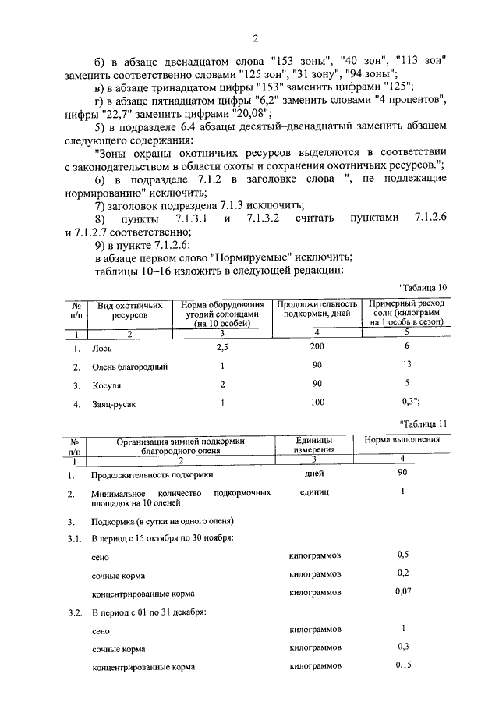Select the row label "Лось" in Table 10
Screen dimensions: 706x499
coord(101,348)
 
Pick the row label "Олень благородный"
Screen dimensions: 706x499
coord(129,367)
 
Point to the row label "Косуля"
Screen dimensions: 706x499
coord(106,385)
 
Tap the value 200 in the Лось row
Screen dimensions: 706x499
coord(316,346)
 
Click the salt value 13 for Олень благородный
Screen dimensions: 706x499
coord(405,364)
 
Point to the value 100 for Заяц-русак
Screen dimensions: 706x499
coord(316,403)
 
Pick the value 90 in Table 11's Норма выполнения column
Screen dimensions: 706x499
coord(402,474)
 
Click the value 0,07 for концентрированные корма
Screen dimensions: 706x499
coord(402,592)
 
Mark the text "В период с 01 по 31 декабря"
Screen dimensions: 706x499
coord(148,612)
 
